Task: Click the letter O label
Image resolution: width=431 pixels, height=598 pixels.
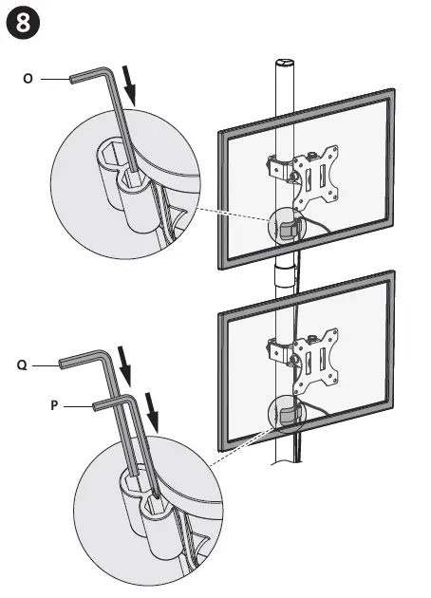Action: click(28, 80)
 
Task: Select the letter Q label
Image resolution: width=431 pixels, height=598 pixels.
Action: click(20, 364)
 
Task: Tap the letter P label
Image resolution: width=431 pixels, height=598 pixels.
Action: click(55, 404)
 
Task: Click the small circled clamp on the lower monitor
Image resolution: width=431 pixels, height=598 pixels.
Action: click(289, 415)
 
